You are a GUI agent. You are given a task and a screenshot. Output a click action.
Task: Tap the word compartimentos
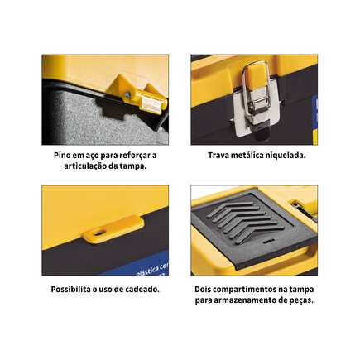(x=246, y=290)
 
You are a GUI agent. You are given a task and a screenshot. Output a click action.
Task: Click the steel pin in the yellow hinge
(x=127, y=94)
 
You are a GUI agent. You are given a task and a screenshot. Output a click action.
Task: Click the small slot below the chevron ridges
(x=267, y=242)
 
